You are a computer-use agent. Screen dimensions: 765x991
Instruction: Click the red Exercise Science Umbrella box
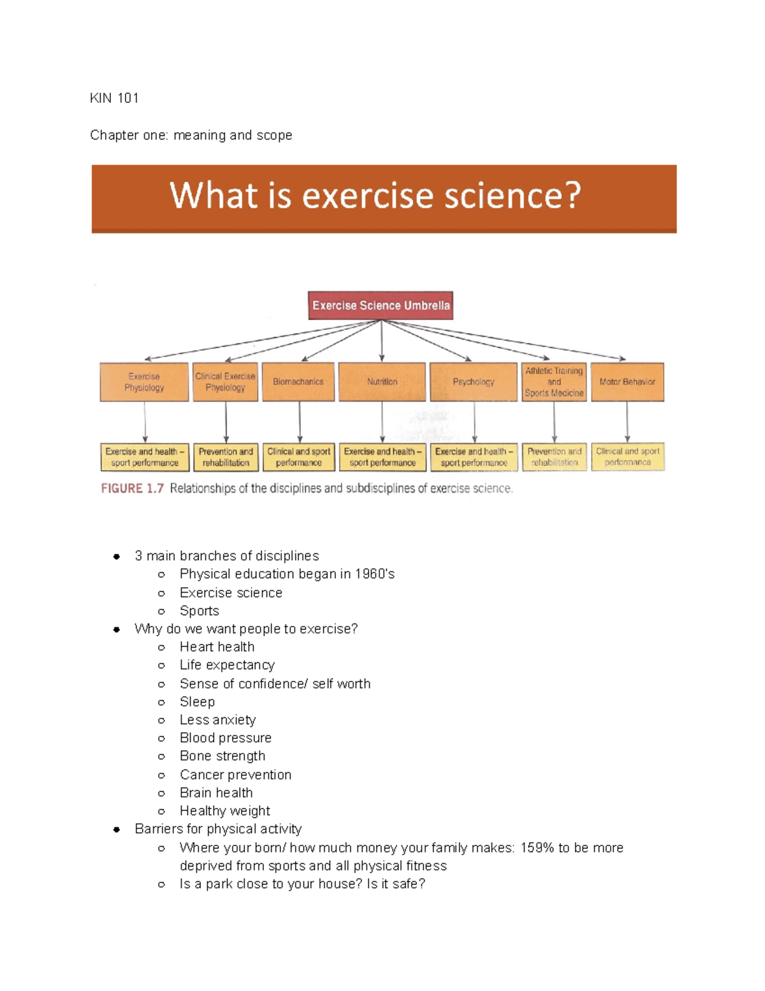(381, 306)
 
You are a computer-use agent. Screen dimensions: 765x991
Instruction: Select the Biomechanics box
(298, 382)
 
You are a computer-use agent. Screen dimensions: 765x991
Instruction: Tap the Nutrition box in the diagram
(382, 382)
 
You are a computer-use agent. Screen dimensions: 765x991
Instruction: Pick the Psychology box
(474, 382)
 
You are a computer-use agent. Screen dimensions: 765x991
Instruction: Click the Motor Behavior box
(627, 382)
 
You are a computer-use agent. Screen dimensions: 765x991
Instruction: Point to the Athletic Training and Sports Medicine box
(554, 382)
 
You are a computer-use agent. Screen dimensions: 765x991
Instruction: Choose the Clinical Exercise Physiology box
(226, 382)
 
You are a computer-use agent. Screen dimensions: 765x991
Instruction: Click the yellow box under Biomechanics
(298, 457)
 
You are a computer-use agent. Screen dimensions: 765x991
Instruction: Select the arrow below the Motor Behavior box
(627, 422)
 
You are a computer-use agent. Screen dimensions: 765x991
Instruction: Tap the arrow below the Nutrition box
(382, 422)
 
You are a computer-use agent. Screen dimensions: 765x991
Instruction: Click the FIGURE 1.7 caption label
(133, 489)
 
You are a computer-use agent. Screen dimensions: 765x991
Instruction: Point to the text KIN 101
(114, 98)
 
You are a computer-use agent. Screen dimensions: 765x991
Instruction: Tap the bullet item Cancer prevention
(235, 775)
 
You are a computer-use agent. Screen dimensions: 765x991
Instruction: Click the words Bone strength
(222, 756)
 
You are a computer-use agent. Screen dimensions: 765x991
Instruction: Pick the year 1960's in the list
(375, 574)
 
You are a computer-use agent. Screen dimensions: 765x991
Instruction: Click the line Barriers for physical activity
(218, 829)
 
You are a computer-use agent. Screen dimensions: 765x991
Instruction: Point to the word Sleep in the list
(197, 702)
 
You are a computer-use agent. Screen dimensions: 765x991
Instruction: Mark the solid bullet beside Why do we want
(117, 629)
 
